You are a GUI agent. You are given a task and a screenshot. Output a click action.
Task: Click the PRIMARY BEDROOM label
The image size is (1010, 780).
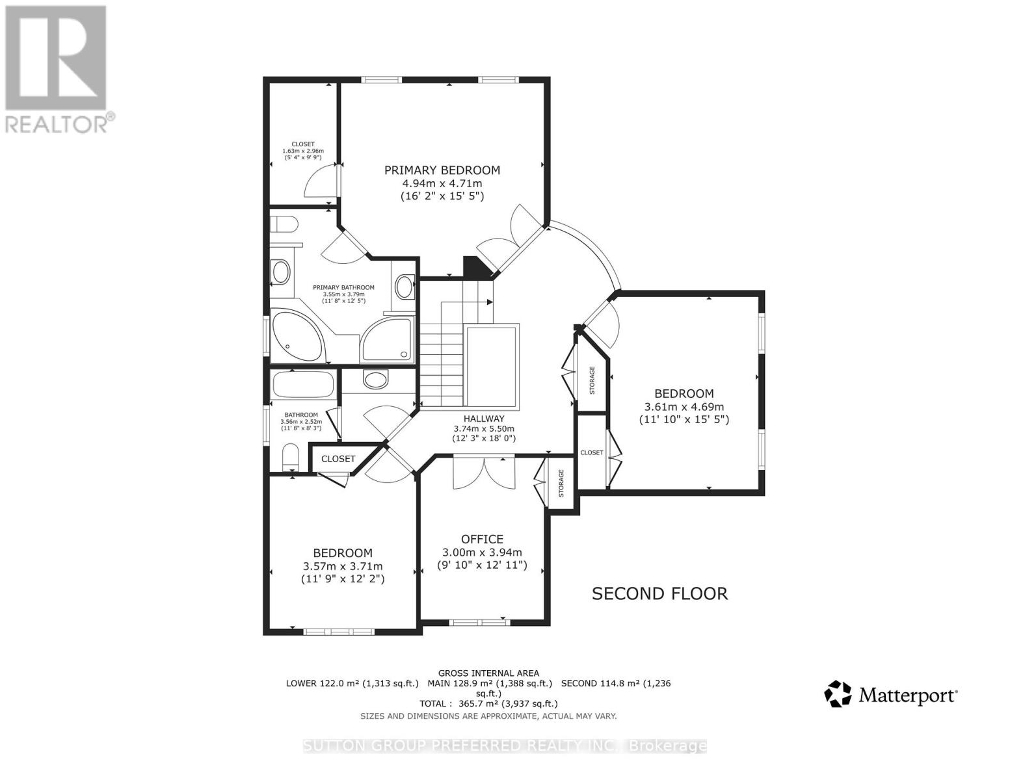click(x=442, y=170)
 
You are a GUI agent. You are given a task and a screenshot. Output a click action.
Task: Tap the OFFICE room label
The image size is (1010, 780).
click(x=482, y=539)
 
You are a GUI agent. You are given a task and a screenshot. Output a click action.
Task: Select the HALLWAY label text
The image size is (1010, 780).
click(x=484, y=419)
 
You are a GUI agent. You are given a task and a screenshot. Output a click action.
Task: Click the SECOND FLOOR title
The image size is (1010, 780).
click(x=659, y=593)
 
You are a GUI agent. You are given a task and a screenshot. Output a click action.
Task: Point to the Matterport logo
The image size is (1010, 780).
click(x=891, y=695)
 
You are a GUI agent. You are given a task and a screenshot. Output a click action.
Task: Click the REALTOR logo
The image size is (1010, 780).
click(x=56, y=68)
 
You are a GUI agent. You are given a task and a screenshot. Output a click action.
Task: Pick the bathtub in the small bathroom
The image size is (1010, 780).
click(x=304, y=384)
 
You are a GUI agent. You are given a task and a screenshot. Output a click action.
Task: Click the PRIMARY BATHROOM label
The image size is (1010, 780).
click(x=343, y=287)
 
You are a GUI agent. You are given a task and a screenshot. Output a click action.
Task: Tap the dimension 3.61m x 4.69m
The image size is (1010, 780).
click(x=684, y=407)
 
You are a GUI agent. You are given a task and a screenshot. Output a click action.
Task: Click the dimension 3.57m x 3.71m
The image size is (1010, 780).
click(x=343, y=566)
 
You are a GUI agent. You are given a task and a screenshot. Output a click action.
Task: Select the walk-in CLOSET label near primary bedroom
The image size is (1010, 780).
click(x=303, y=144)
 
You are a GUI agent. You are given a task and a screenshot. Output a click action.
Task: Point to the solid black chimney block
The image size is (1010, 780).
click(x=475, y=267)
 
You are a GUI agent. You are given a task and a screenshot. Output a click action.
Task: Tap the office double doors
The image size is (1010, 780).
click(x=484, y=473)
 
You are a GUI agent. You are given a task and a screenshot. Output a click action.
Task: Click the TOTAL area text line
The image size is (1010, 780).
click(x=488, y=703)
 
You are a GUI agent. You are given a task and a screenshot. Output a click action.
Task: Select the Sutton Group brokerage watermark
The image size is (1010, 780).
click(x=505, y=746)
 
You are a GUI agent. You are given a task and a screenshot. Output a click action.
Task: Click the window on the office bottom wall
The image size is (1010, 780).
click(x=479, y=622)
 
